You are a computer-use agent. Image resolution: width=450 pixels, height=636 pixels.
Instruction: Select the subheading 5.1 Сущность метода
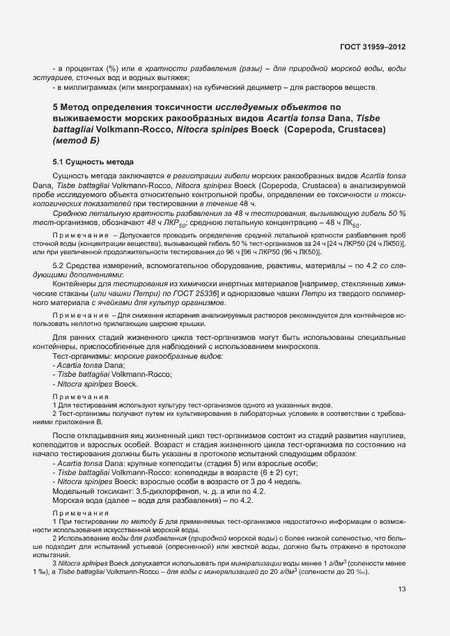click(x=93, y=162)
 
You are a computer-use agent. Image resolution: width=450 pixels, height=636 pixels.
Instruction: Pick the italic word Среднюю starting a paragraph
click(x=69, y=212)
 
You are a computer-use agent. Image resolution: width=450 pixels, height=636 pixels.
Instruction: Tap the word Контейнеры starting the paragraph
click(x=76, y=286)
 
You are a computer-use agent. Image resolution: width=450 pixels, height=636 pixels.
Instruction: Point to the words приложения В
click(x=79, y=421)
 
